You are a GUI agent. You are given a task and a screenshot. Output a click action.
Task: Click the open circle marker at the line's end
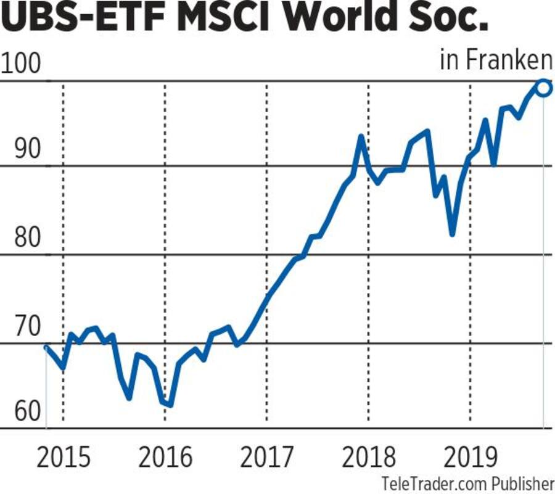tap(543, 88)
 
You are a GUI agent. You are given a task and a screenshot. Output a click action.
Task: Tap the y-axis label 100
tap(20, 64)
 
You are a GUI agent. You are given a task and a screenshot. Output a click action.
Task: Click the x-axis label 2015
tap(63, 458)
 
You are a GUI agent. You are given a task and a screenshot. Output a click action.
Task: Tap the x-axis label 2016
tap(165, 458)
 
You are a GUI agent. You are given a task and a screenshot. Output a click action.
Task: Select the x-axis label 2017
tap(267, 458)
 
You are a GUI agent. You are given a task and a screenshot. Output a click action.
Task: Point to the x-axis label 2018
tap(369, 458)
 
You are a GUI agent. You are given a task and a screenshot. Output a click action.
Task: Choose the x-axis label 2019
tap(471, 458)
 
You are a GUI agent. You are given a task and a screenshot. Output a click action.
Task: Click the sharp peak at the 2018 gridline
tap(361, 137)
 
